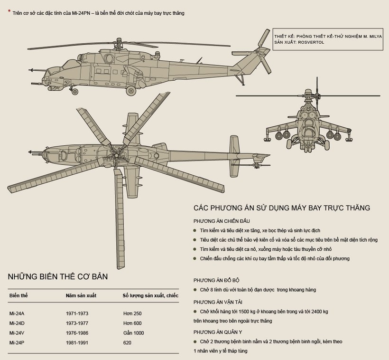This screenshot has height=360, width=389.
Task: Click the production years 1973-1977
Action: tap(77, 323)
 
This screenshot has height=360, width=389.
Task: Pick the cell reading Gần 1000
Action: tap(133, 333)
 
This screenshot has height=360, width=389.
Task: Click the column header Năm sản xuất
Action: tap(81, 295)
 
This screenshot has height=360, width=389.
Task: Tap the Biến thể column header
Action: tap(19, 295)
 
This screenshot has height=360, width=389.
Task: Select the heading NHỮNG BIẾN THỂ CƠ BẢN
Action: tap(57, 278)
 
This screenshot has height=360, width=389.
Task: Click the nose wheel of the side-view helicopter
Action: tap(74, 91)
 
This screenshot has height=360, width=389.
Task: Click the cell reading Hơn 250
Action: tap(132, 313)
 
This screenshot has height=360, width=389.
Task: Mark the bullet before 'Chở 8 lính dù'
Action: tap(195, 290)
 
